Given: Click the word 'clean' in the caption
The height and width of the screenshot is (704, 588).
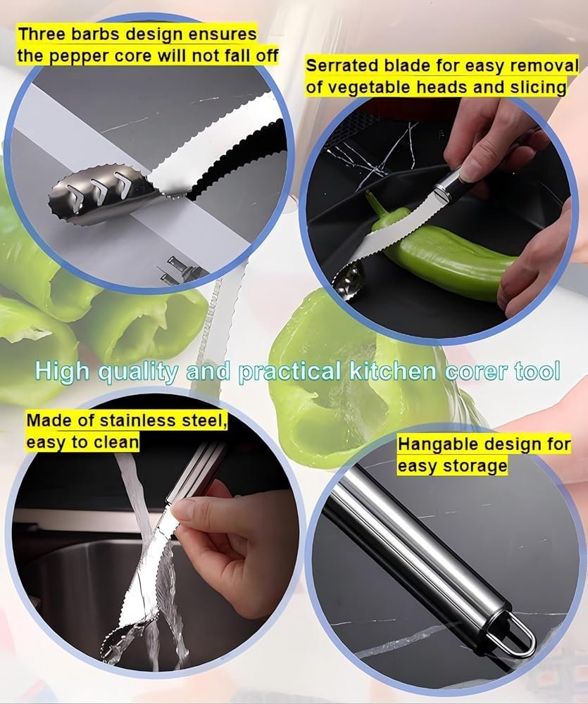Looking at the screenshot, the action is click(x=116, y=442).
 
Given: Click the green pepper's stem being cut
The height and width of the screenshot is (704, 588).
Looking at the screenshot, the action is click(x=375, y=205).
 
